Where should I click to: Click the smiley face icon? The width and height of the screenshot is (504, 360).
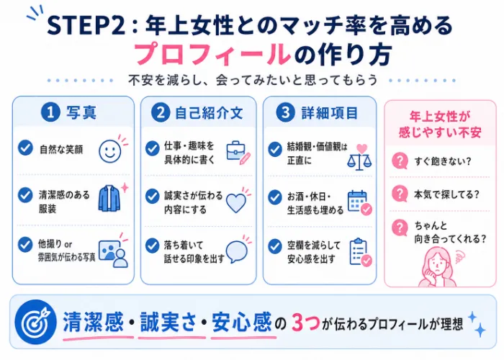point(110,151)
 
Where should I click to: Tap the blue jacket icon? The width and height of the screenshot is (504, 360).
point(109,198)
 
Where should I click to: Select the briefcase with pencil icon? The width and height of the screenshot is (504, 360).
point(238,153)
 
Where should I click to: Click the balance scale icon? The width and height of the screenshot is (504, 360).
point(359,157)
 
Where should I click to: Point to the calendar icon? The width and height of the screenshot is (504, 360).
point(360,202)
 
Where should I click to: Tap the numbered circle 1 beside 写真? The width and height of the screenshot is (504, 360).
point(50,113)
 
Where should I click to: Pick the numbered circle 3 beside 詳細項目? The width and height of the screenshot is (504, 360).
point(285,112)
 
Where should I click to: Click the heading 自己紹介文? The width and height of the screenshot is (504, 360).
point(209,113)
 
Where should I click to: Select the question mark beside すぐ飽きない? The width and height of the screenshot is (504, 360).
point(400,161)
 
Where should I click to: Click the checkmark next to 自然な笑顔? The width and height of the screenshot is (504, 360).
point(25,148)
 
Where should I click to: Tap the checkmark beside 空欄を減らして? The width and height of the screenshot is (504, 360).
point(275,247)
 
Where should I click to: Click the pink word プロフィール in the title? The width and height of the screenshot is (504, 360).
point(212,54)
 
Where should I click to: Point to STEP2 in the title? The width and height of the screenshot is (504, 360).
point(86,25)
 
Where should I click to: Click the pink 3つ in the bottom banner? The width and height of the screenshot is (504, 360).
point(306,323)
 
